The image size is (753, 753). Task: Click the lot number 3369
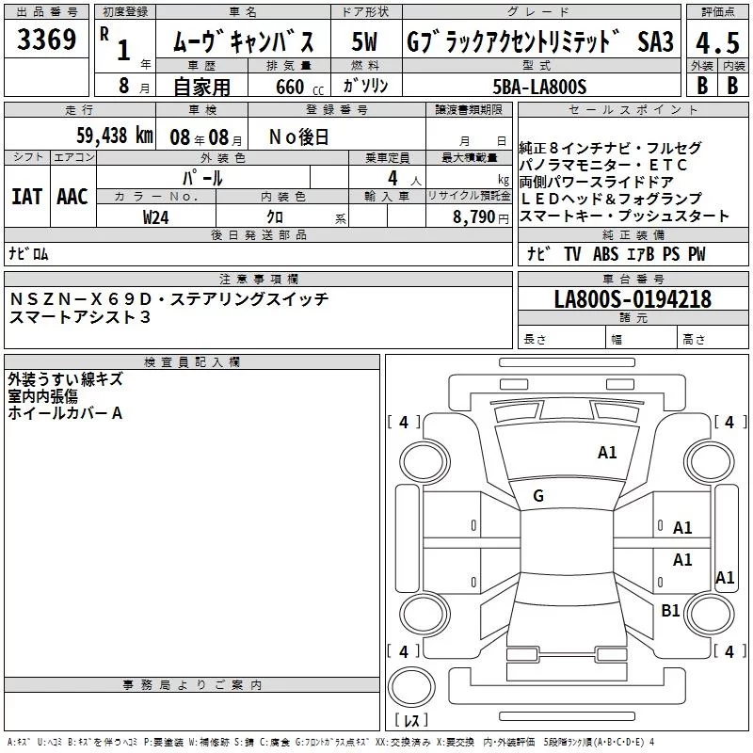(x=46, y=40)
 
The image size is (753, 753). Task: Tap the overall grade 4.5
(x=717, y=42)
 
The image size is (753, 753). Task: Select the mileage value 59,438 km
(x=115, y=136)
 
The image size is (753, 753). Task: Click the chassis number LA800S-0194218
(x=633, y=298)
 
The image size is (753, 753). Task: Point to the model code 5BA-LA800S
(x=539, y=87)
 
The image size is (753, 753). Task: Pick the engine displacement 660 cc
(x=299, y=88)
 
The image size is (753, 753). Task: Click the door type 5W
(x=364, y=41)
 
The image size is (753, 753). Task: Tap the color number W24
(x=155, y=217)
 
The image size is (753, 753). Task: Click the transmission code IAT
(x=27, y=197)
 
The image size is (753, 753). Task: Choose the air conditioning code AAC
(x=72, y=197)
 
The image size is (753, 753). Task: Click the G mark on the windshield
(x=538, y=496)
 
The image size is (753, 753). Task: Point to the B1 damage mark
(x=670, y=610)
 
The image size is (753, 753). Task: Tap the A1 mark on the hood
(x=607, y=453)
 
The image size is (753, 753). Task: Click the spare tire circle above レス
(x=411, y=687)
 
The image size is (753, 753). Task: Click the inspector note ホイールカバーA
(x=65, y=413)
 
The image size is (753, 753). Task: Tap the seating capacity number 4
(x=393, y=178)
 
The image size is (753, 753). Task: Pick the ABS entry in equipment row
(x=605, y=254)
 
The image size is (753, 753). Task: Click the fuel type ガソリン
(x=365, y=86)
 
